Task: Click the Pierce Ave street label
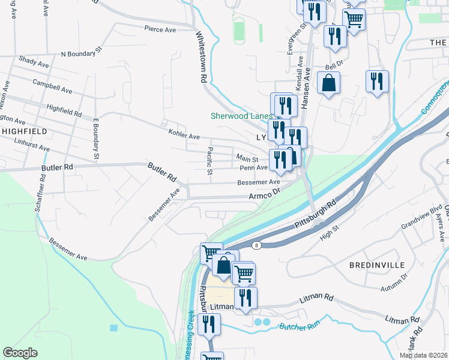[159, 28]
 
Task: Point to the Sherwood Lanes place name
[241, 116]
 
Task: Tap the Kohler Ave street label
[184, 136]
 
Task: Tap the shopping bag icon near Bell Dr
[328, 83]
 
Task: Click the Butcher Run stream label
[297, 327]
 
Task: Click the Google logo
[20, 352]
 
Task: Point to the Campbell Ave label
[53, 86]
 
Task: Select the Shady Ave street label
[34, 62]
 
